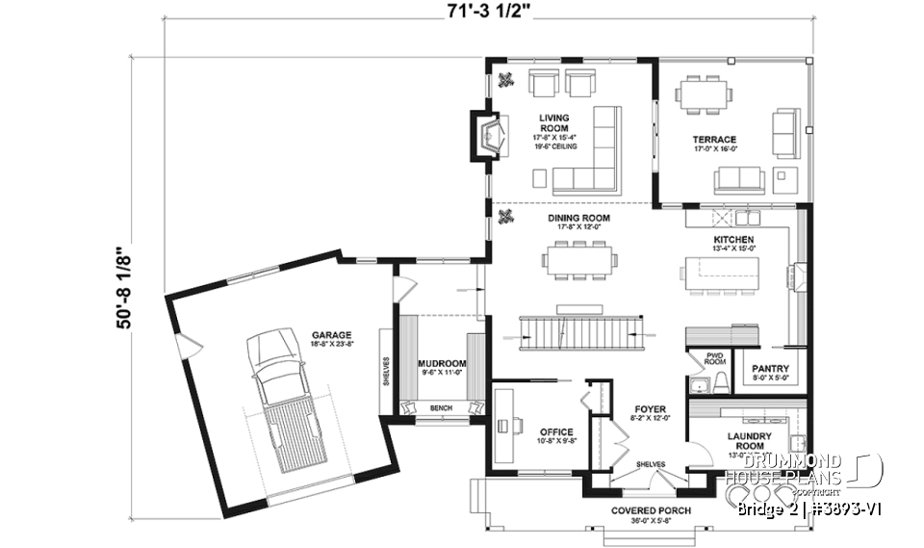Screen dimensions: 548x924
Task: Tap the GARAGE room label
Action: point(330,335)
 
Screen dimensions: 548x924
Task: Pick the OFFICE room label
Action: point(556,432)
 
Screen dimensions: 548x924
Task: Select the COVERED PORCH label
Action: point(651,509)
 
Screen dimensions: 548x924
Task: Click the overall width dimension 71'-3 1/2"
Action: point(490,12)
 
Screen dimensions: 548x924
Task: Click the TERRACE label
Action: point(714,140)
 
